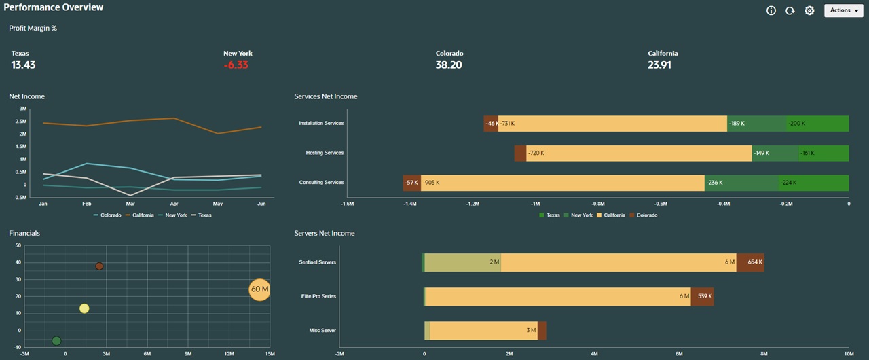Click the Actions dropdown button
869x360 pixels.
(844, 10)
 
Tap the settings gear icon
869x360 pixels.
(809, 11)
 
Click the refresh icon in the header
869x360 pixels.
(790, 11)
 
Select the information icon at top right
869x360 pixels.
(771, 11)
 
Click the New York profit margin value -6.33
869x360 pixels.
(236, 65)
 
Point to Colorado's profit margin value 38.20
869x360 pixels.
(448, 65)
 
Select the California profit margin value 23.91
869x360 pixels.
(660, 65)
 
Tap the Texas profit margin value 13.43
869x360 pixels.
(23, 65)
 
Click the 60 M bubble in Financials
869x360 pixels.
(259, 289)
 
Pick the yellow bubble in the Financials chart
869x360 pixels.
(84, 308)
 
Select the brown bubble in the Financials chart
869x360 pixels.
(99, 266)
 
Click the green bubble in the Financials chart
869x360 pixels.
(56, 341)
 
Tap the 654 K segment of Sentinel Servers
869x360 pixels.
(750, 262)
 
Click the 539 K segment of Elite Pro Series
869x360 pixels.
(702, 297)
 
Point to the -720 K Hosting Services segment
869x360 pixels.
(638, 154)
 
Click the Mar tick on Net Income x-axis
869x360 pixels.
(130, 204)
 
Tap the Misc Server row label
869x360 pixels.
(322, 331)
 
